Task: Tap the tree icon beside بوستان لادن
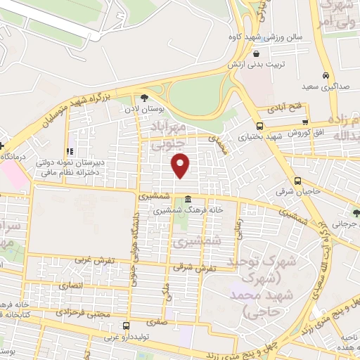[x=144, y=98]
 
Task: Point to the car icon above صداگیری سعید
[x=326, y=75]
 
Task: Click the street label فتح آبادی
[x=283, y=108]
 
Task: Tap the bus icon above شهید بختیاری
[x=259, y=125]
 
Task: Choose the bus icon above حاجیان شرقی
[x=300, y=181]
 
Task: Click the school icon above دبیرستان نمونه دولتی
[x=70, y=151]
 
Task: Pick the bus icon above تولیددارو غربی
[x=127, y=326]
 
